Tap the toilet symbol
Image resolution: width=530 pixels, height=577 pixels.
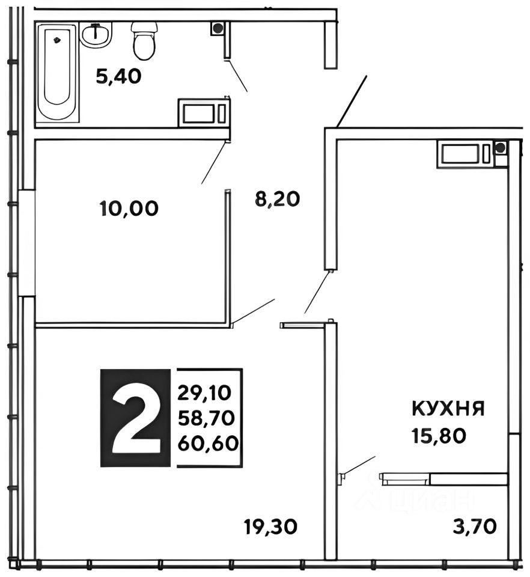point(144,41)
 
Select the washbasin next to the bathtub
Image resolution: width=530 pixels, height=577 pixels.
point(96,35)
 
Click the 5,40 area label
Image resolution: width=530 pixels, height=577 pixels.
point(119,76)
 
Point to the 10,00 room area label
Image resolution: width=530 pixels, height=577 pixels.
point(129,209)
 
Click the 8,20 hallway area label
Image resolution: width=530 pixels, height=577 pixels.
point(278,199)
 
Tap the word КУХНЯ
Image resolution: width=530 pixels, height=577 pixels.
point(448,409)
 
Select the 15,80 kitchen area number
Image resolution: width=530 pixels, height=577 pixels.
point(439,436)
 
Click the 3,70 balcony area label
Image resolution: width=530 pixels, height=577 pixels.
point(475,527)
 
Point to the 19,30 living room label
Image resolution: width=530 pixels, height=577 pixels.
point(271,527)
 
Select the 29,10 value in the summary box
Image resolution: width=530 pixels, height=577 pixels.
point(204,393)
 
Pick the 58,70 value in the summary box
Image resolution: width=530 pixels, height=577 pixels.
point(206,418)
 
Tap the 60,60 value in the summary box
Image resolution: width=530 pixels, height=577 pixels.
point(208,444)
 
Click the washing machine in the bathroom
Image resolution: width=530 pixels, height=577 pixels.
point(203,112)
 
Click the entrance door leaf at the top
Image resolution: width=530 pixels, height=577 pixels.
point(352,101)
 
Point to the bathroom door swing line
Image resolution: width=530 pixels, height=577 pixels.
point(236,76)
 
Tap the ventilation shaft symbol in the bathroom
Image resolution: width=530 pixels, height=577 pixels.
point(218,28)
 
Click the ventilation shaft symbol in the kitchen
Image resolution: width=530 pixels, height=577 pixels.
point(500,148)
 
